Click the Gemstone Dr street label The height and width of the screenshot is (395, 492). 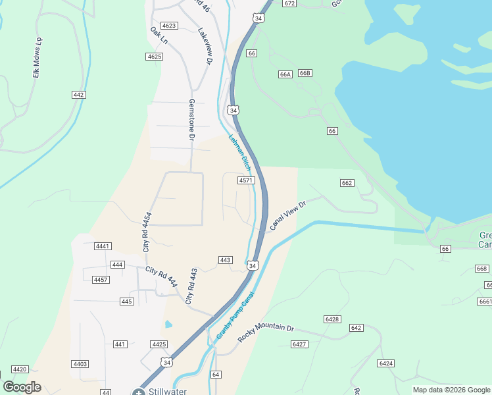192,120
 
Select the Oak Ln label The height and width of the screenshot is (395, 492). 159,36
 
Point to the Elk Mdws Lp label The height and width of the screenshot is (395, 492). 37,58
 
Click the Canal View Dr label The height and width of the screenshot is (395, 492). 288,216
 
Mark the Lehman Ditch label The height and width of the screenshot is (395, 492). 240,151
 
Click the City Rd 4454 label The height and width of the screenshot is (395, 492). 147,232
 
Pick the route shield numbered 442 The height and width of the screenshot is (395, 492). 79,95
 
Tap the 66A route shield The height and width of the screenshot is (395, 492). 285,74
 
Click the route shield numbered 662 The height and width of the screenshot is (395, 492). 347,183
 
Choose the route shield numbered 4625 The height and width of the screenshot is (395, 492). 155,57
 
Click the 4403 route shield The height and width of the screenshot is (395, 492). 80,364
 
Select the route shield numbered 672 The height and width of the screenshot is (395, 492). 289,3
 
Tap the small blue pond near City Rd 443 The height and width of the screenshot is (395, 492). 169,324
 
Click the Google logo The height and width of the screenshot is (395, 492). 22,387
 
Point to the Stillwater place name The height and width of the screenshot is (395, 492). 167,391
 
